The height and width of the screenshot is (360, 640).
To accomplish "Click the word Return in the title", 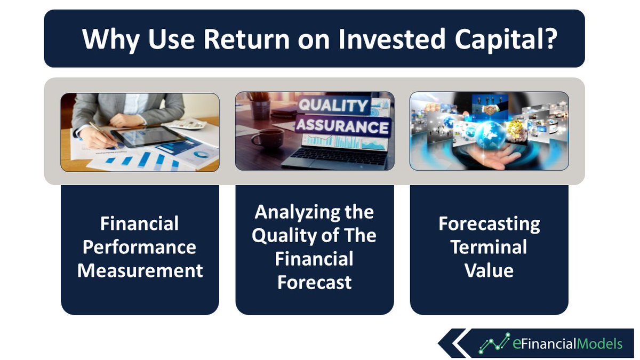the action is [246, 39].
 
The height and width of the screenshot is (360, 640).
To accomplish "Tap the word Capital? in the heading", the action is [506, 39].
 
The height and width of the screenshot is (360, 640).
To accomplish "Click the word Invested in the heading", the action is [391, 39].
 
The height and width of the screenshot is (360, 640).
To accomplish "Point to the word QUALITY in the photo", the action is [333, 105].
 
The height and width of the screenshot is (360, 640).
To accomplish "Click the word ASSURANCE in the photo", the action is [342, 126].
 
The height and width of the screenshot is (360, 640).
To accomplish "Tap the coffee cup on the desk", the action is [267, 139].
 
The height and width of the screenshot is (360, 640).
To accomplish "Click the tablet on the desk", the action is [149, 137].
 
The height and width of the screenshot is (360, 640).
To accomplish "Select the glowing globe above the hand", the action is [490, 134].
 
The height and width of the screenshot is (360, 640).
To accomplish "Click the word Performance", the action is [139, 247].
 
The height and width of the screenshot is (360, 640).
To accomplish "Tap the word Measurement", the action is [140, 270].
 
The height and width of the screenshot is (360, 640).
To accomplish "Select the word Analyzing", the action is [297, 213].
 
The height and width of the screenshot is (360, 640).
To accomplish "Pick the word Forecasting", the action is [489, 224].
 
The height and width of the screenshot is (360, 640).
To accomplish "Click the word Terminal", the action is [489, 247].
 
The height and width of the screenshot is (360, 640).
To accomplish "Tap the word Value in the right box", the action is [489, 270].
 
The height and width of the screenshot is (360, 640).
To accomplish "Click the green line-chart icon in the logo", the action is [494, 343].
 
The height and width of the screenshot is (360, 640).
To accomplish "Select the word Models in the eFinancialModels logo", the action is [599, 343].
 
